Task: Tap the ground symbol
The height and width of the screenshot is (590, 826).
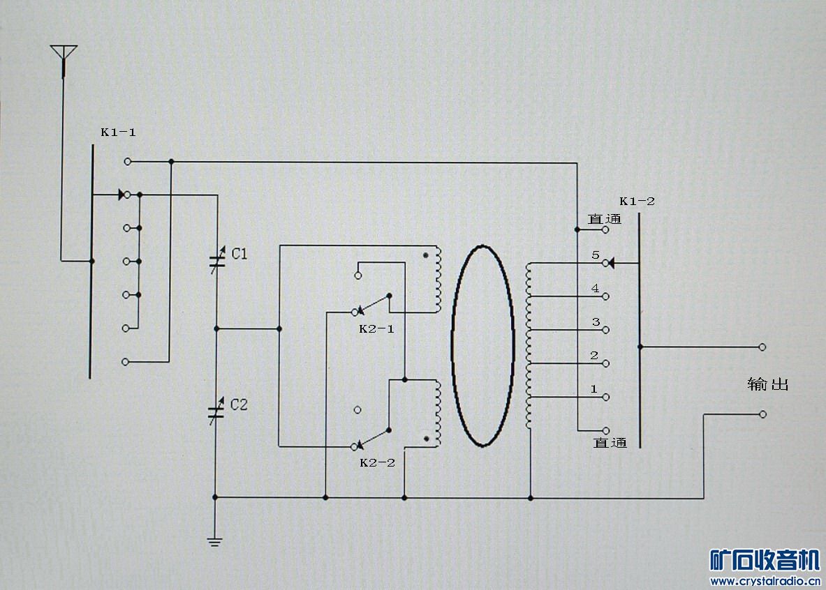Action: (214, 542)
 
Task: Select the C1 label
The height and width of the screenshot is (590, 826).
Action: (239, 255)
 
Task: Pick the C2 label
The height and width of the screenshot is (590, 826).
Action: (239, 404)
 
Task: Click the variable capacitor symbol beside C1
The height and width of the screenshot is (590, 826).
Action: (217, 259)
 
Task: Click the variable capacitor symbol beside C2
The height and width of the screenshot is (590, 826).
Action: (216, 411)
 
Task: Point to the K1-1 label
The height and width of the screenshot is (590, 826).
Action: (119, 132)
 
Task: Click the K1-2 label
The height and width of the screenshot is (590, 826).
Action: (637, 201)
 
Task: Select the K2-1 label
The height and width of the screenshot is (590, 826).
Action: (376, 329)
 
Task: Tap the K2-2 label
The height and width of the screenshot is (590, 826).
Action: (377, 462)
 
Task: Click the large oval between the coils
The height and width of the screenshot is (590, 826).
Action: (482, 346)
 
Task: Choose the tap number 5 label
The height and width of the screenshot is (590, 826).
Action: (596, 255)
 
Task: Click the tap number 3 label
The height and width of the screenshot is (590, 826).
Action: (596, 322)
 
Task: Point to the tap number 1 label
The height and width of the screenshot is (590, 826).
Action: (593, 389)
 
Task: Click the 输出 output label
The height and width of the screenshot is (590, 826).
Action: (768, 384)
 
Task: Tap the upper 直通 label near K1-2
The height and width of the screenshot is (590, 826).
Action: (605, 219)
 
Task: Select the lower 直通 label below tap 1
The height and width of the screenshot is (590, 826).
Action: (610, 443)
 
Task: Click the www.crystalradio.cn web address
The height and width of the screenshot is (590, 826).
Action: (765, 581)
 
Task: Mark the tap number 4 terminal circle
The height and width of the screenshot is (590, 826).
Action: (605, 297)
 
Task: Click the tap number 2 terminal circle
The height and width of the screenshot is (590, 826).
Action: (606, 363)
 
